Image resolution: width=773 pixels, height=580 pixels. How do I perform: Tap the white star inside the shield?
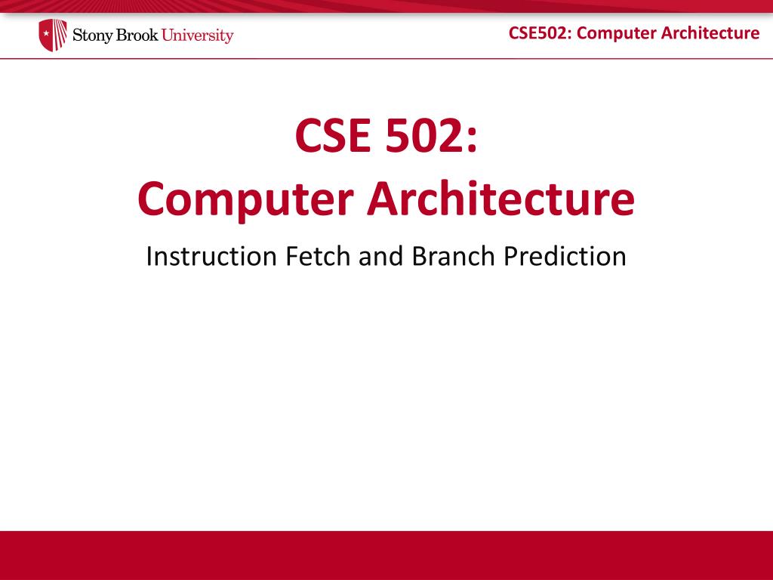click(x=46, y=34)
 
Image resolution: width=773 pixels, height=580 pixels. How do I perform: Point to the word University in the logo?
click(x=198, y=35)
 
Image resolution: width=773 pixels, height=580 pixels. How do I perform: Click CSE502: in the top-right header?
click(x=540, y=32)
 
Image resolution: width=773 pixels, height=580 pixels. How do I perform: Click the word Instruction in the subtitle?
click(x=211, y=256)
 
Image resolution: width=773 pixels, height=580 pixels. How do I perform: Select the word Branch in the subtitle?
click(x=453, y=256)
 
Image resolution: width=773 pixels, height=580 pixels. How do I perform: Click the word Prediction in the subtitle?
click(x=565, y=256)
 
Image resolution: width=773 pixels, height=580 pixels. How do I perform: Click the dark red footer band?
click(x=386, y=555)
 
